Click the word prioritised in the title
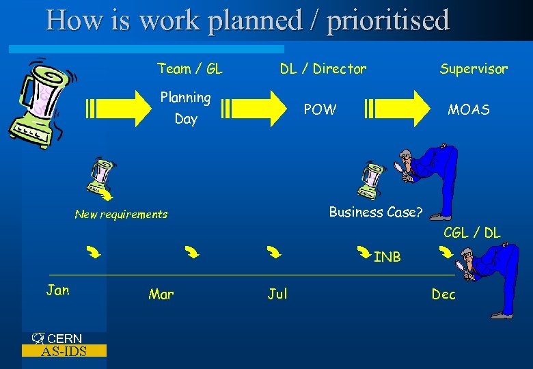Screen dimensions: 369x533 click(x=388, y=20)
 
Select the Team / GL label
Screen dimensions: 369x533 click(x=190, y=68)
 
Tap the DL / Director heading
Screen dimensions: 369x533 click(x=323, y=68)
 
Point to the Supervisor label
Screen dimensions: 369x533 click(x=474, y=68)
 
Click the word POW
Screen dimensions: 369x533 click(x=320, y=109)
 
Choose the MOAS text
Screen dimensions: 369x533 click(x=468, y=109)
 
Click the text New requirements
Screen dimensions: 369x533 click(x=121, y=215)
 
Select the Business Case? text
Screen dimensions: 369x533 click(x=375, y=212)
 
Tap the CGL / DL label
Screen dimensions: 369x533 click(x=471, y=233)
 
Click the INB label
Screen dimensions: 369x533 click(x=387, y=257)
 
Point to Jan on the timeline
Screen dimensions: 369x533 click(x=57, y=290)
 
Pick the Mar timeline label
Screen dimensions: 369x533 click(x=161, y=295)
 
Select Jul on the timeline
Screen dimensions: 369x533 click(x=277, y=294)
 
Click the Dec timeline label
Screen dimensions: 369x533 click(x=443, y=295)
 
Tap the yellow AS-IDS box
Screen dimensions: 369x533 click(x=64, y=351)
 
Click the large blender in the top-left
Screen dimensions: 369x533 click(x=38, y=101)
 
